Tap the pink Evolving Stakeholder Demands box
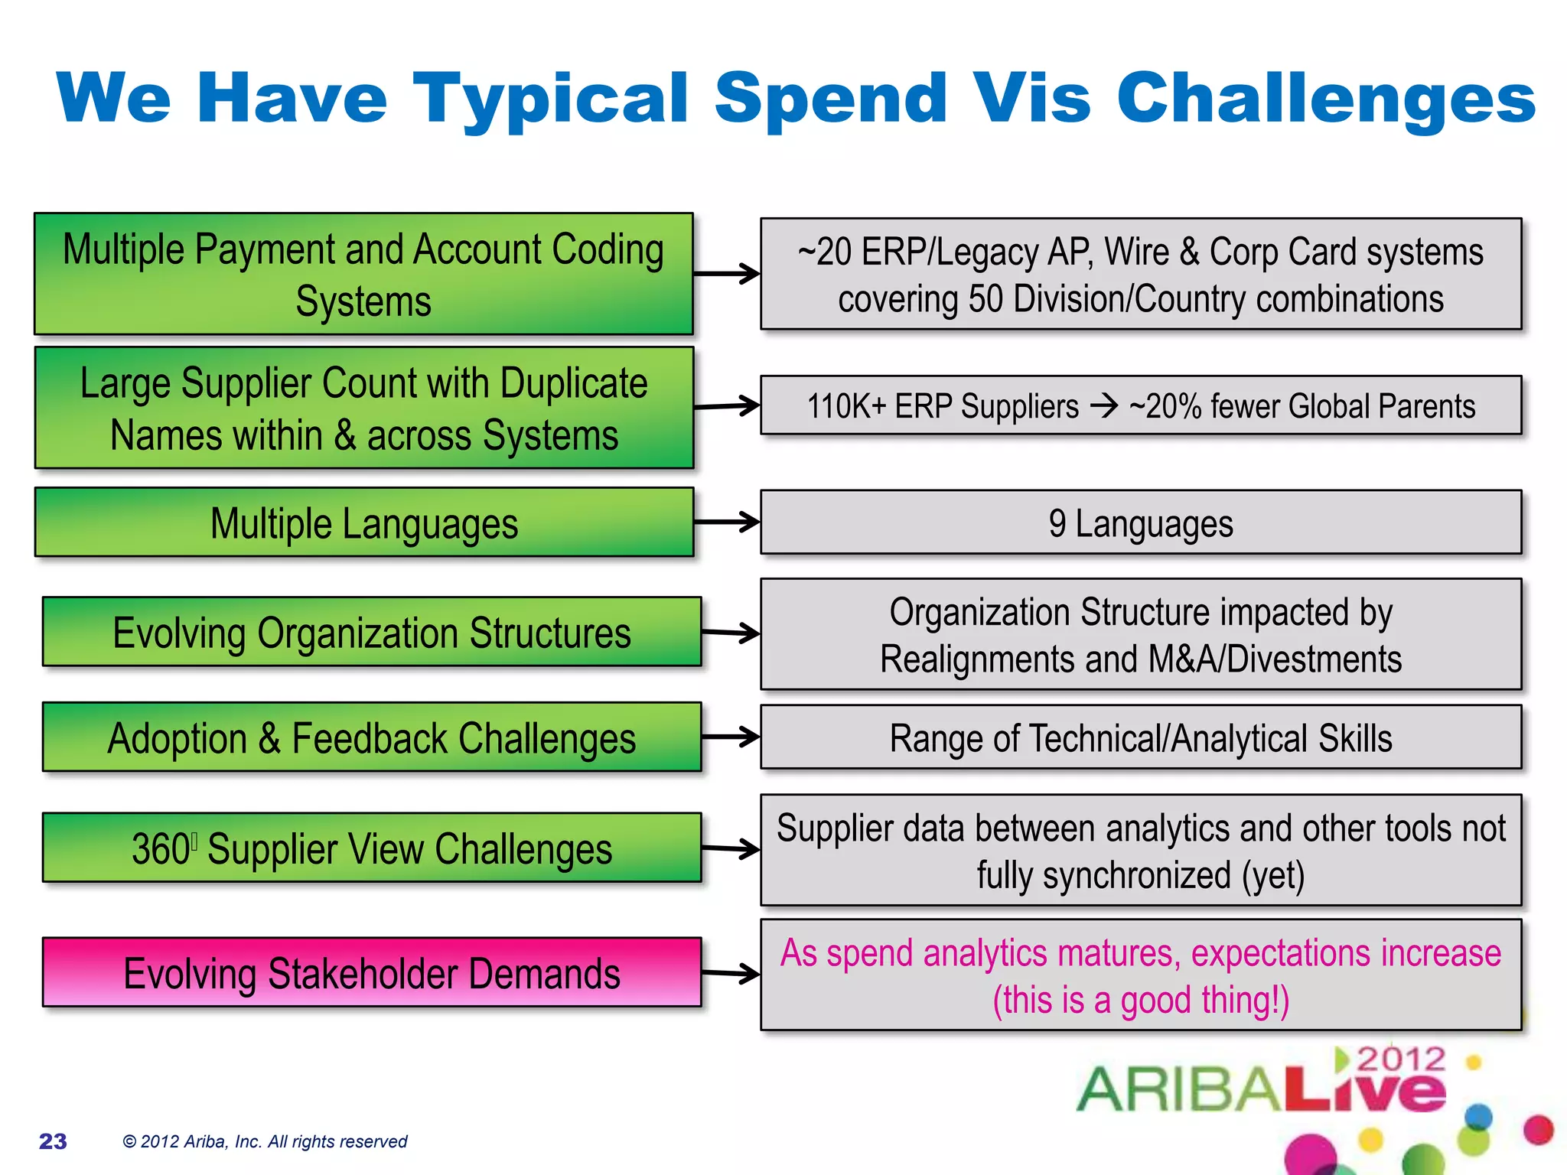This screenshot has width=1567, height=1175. tap(372, 972)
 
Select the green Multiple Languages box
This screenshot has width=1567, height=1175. tap(364, 522)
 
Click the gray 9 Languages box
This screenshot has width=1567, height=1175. tap(1140, 523)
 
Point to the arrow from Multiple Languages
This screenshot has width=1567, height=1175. tap(727, 522)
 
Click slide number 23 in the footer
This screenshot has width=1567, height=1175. tap(53, 1141)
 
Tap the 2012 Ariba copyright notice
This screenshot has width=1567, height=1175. tap(265, 1141)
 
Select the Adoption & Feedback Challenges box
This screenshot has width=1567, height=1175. tap(372, 737)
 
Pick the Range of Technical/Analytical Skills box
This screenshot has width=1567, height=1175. tap(1140, 737)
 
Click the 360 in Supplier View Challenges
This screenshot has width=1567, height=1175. tap(161, 849)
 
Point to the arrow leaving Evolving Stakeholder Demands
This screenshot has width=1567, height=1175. tap(730, 973)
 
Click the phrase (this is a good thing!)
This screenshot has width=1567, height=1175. tap(1140, 1001)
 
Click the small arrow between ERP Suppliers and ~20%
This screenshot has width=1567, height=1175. tap(1104, 405)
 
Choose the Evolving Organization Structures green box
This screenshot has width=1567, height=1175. tap(372, 633)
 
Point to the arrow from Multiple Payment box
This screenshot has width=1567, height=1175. tap(727, 274)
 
